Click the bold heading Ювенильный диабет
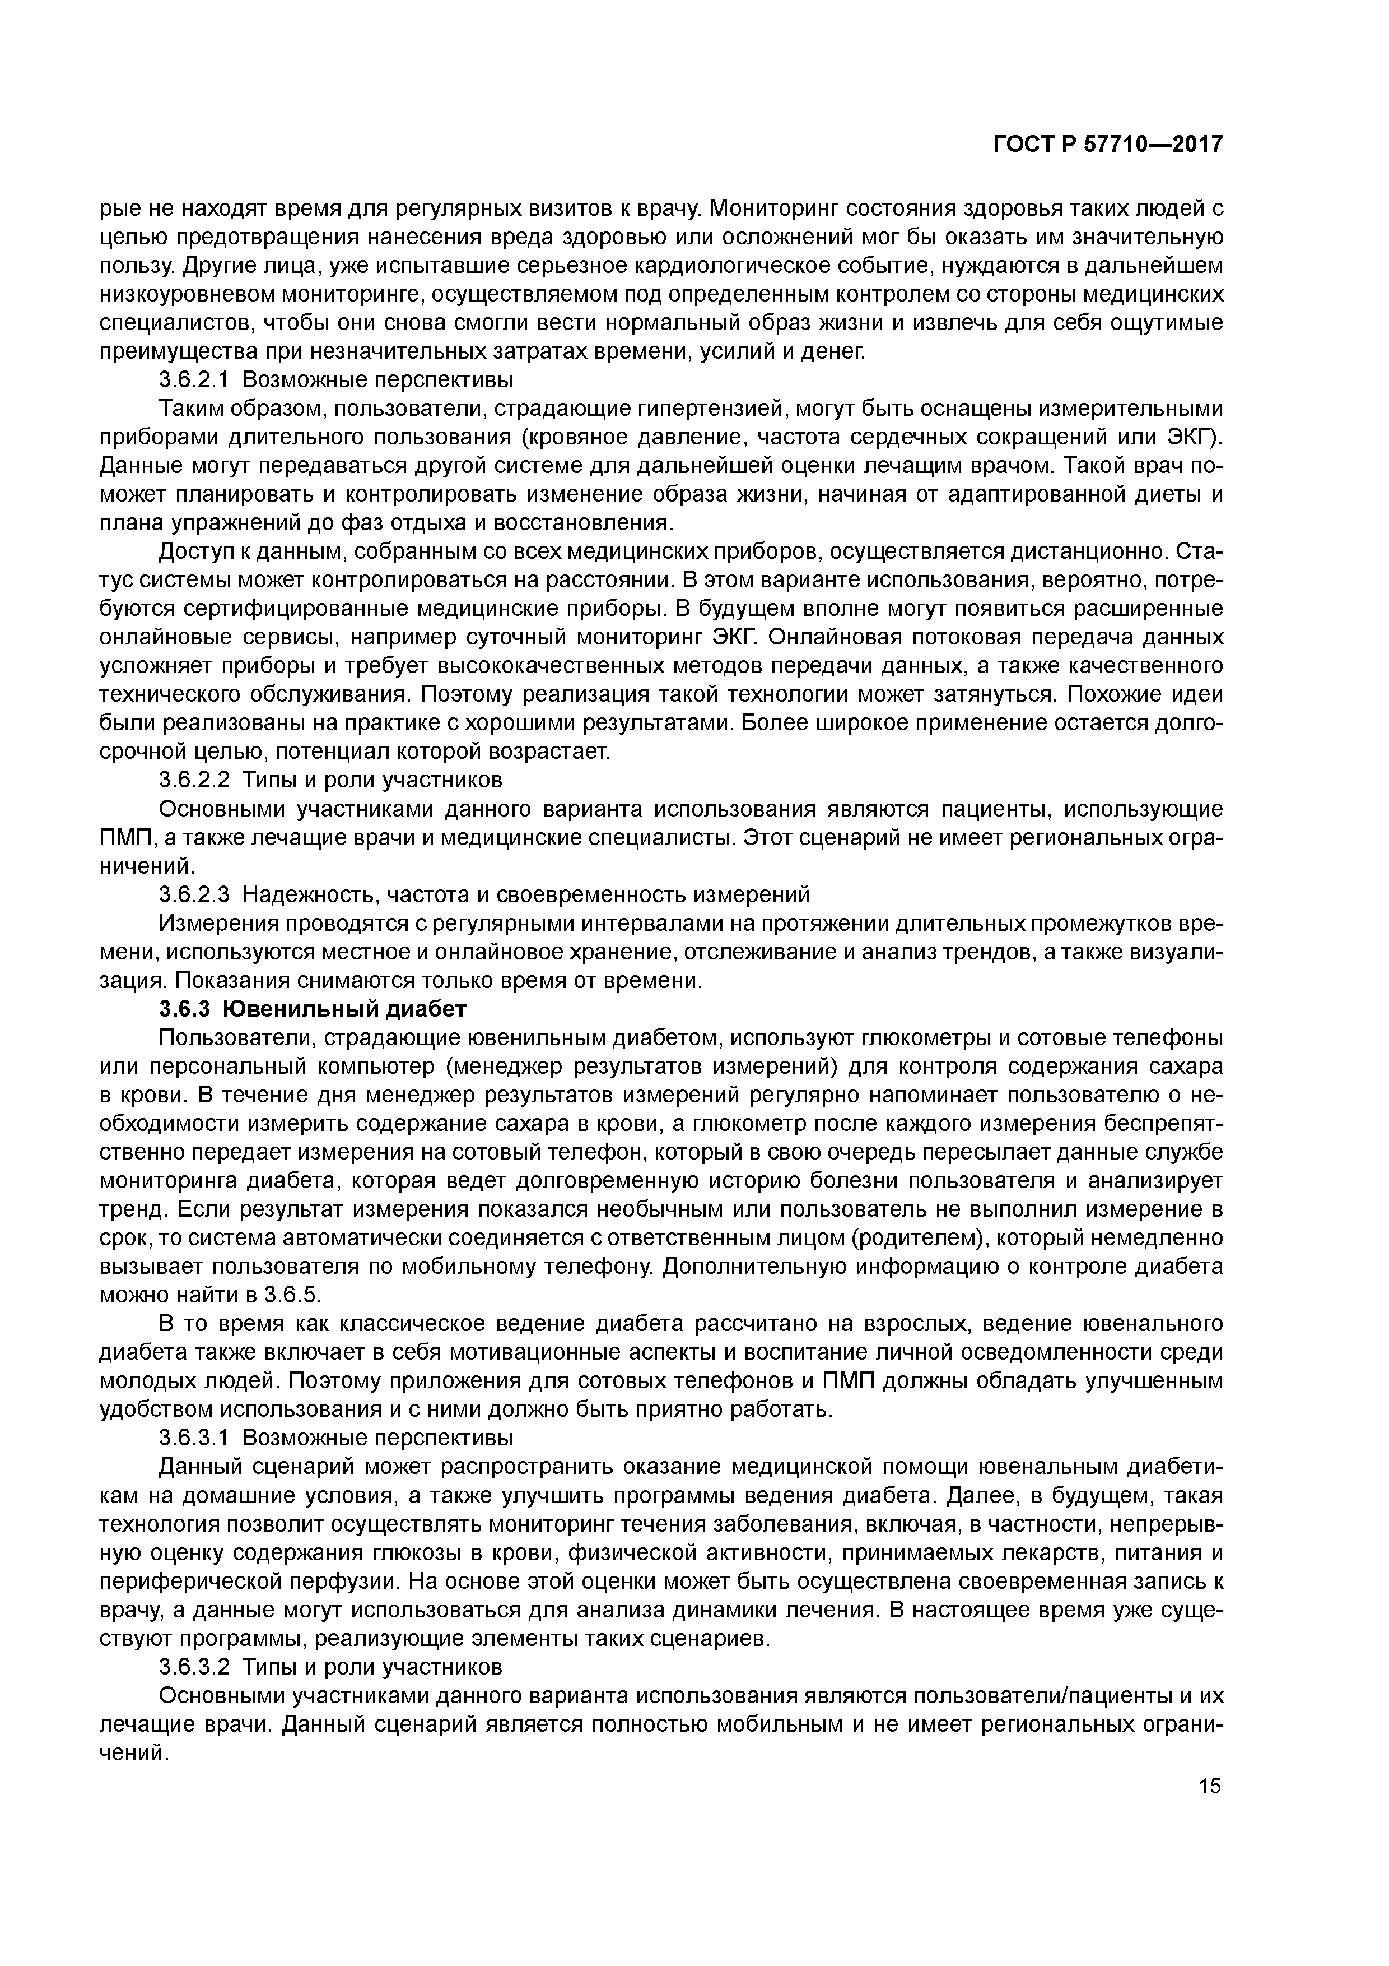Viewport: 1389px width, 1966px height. click(x=345, y=1009)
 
